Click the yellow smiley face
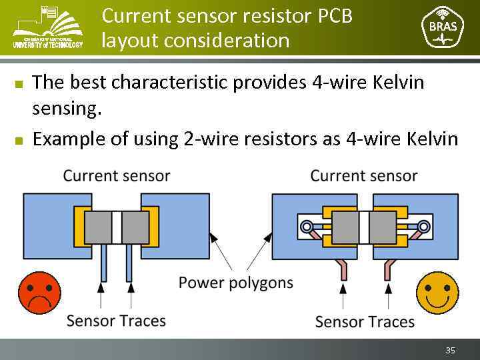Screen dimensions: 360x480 [437, 292]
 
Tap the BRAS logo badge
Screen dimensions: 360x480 [443, 27]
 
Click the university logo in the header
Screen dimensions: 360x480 [48, 27]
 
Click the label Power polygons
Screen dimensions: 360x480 [235, 283]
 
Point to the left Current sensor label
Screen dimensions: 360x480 [116, 176]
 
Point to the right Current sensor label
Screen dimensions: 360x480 [364, 176]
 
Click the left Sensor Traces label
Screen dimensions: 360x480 [116, 321]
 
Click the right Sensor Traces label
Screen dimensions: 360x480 [365, 321]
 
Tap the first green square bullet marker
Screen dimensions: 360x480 [19, 83]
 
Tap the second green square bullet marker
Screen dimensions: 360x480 [19, 140]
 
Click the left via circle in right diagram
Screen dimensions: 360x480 [307, 227]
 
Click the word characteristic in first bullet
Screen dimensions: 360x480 [171, 82]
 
